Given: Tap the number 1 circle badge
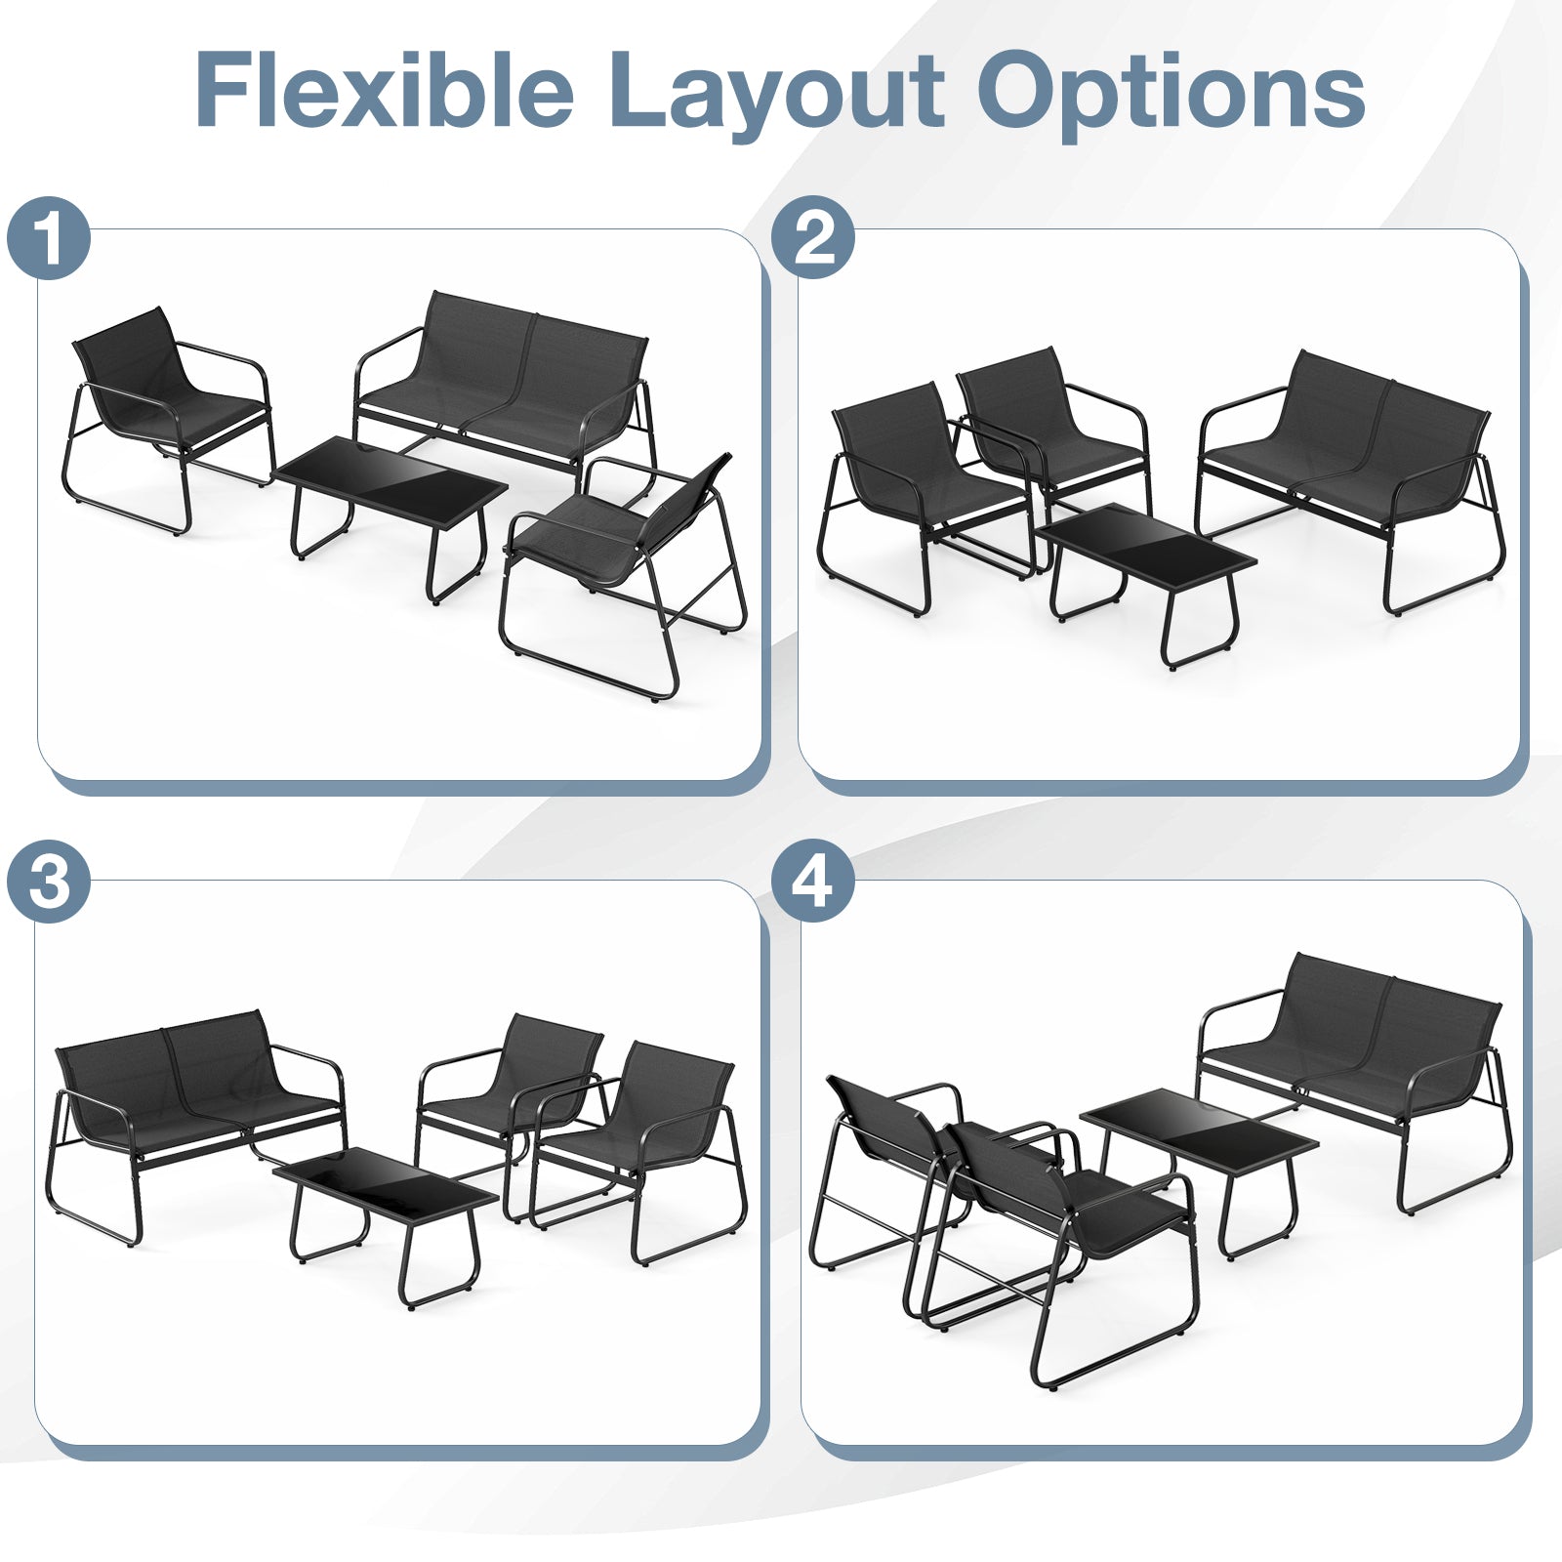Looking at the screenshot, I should [49, 238].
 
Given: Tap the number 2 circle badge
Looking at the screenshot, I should [812, 238].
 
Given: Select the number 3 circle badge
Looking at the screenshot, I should [49, 883].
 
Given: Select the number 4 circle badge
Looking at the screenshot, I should [812, 883].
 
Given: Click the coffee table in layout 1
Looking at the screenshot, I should [390, 484].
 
